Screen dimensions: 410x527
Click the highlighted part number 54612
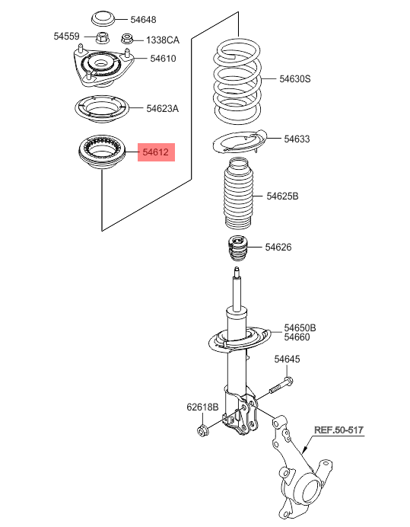pos(156,152)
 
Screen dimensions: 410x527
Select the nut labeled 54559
pos(103,37)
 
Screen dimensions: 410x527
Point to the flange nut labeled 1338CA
pos(126,39)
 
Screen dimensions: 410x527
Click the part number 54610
pos(163,59)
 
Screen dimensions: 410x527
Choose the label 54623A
pos(163,109)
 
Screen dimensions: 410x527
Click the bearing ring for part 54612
pos(102,153)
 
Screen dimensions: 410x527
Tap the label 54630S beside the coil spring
pos(295,79)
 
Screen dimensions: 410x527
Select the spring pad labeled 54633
pos(240,142)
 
